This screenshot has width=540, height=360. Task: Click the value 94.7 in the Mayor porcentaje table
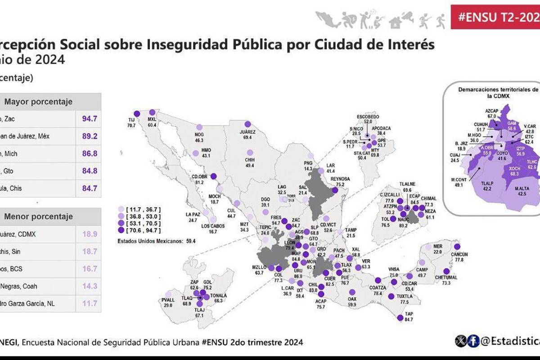click(x=90, y=119)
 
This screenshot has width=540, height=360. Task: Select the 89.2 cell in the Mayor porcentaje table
click(x=90, y=136)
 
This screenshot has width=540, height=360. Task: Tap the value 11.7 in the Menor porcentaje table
click(x=90, y=303)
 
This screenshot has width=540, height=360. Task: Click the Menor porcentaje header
click(x=38, y=216)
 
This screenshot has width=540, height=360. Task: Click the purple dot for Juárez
click(x=247, y=124)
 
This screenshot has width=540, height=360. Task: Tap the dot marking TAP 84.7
click(x=400, y=318)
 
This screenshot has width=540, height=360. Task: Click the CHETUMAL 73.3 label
click(x=446, y=280)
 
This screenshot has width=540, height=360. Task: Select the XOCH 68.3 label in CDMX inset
click(x=514, y=171)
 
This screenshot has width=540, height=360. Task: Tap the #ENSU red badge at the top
click(x=495, y=17)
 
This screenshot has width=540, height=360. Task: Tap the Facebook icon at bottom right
click(x=473, y=342)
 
